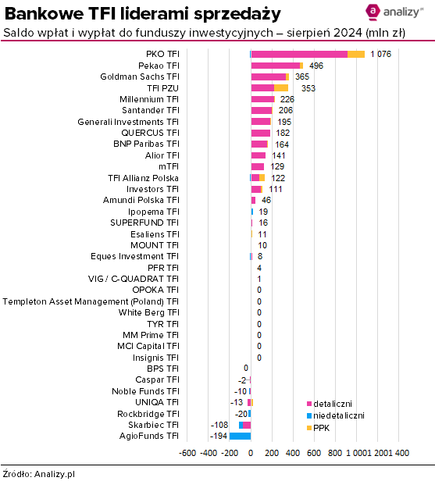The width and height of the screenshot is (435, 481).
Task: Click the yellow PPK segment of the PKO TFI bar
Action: coord(356,55)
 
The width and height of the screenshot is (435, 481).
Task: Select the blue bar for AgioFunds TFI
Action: coord(241,436)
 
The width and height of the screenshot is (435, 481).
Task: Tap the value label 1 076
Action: coord(380,55)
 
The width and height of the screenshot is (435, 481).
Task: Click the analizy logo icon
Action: coord(373,12)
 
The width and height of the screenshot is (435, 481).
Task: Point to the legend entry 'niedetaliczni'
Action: coord(336,415)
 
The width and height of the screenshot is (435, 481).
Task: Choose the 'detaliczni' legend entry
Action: coord(330,404)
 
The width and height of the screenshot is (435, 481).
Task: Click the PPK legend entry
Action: coord(318,428)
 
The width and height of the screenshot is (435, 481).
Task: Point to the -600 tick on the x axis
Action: coord(187,453)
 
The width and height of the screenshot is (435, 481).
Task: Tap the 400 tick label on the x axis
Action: coord(293,453)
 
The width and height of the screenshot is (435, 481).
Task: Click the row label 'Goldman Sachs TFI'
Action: coord(140,77)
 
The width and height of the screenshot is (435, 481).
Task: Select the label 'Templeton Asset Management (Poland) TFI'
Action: coord(91,302)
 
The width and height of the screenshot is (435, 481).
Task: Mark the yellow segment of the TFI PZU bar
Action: coord(281,88)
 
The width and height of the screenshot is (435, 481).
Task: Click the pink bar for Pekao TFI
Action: coord(276,66)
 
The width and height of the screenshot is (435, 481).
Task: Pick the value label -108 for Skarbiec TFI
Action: coord(219,425)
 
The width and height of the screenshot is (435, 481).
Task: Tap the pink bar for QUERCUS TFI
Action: coord(261,133)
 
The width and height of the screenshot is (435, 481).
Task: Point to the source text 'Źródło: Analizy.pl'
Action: coord(38,474)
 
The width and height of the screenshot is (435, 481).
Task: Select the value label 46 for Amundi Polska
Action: coord(266,201)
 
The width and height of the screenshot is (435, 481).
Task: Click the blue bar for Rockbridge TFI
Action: coord(249,414)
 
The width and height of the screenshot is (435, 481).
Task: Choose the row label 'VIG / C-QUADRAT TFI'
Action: coord(134,280)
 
